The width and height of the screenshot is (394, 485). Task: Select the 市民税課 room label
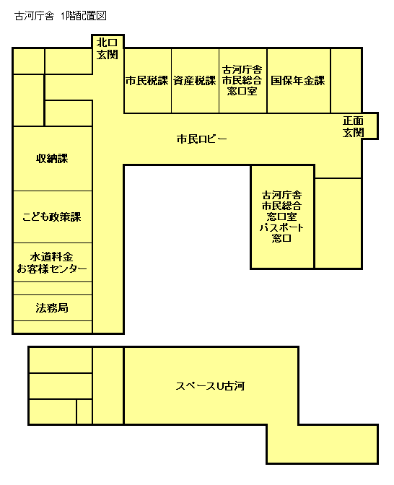pyautogui.click(x=146, y=81)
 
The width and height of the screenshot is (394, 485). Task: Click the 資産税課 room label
pyautogui.click(x=194, y=81)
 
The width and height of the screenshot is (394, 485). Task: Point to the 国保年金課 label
pyautogui.click(x=298, y=81)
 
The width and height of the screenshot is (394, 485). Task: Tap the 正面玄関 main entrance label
pyautogui.click(x=353, y=127)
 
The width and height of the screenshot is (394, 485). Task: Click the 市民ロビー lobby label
pyautogui.click(x=202, y=139)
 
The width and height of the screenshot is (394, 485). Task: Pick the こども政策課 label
pyautogui.click(x=52, y=217)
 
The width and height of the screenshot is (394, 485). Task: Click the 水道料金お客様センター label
pyautogui.click(x=52, y=263)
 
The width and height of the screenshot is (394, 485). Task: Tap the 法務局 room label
pyautogui.click(x=52, y=308)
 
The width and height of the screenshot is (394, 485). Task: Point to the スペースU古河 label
pyautogui.click(x=211, y=386)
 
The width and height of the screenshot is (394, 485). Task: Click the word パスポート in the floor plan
pyautogui.click(x=281, y=227)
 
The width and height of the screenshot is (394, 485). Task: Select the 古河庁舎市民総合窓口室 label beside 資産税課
pyautogui.click(x=242, y=80)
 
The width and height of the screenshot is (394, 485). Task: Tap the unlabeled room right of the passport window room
pyautogui.click(x=338, y=222)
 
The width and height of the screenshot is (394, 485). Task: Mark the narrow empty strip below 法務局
pyautogui.click(x=52, y=326)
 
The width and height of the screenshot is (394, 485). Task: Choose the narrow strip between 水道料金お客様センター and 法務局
pyautogui.click(x=52, y=289)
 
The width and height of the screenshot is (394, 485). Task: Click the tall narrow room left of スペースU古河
pyautogui.click(x=108, y=386)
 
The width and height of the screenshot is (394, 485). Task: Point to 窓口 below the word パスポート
pyautogui.click(x=281, y=238)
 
